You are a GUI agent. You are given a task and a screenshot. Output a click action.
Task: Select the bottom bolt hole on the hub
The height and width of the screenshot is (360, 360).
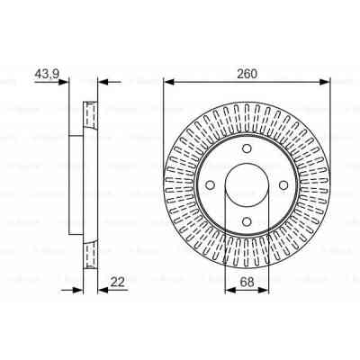point(247,223)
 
